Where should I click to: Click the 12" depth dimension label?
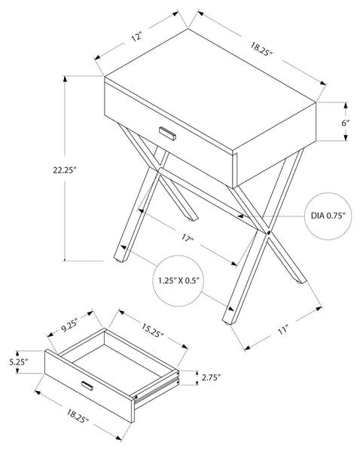click(137, 37)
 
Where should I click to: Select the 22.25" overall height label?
click(64, 170)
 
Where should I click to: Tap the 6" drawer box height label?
click(345, 123)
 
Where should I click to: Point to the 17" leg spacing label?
click(187, 238)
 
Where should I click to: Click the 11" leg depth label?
click(283, 330)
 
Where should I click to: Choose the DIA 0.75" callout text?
click(328, 215)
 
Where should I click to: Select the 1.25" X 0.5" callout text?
click(178, 280)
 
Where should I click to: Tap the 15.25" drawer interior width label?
click(152, 331)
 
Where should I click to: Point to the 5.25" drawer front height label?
click(18, 362)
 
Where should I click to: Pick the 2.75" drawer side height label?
click(212, 377)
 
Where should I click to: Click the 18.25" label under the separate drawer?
click(78, 417)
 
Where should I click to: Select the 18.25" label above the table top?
click(261, 50)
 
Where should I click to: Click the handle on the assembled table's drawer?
click(167, 133)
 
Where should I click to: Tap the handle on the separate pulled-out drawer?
click(87, 386)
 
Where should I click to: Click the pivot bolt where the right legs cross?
click(269, 232)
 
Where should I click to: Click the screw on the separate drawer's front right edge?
click(136, 397)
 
